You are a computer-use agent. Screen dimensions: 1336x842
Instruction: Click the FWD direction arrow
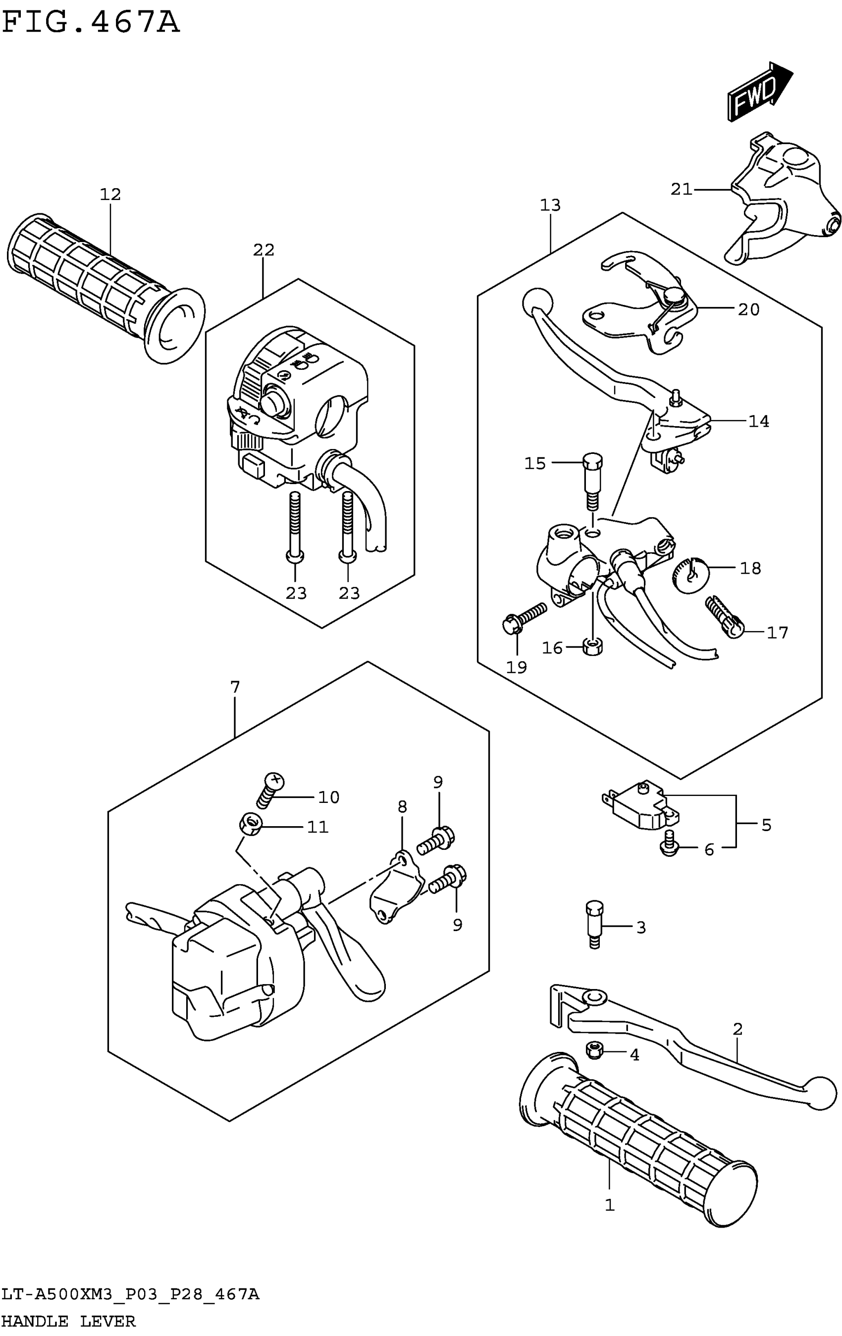[x=760, y=91]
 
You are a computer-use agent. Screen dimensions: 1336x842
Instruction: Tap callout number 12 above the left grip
[x=110, y=194]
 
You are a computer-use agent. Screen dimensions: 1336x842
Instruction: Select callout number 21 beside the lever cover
[x=681, y=190]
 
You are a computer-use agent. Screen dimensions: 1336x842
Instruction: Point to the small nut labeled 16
[x=593, y=646]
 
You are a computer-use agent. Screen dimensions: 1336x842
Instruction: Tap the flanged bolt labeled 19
[x=523, y=618]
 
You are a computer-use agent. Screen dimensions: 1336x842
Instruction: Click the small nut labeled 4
[x=594, y=1050]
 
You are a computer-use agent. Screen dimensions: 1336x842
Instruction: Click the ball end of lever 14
[x=537, y=302]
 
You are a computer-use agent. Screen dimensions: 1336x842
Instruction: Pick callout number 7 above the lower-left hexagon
[x=235, y=687]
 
